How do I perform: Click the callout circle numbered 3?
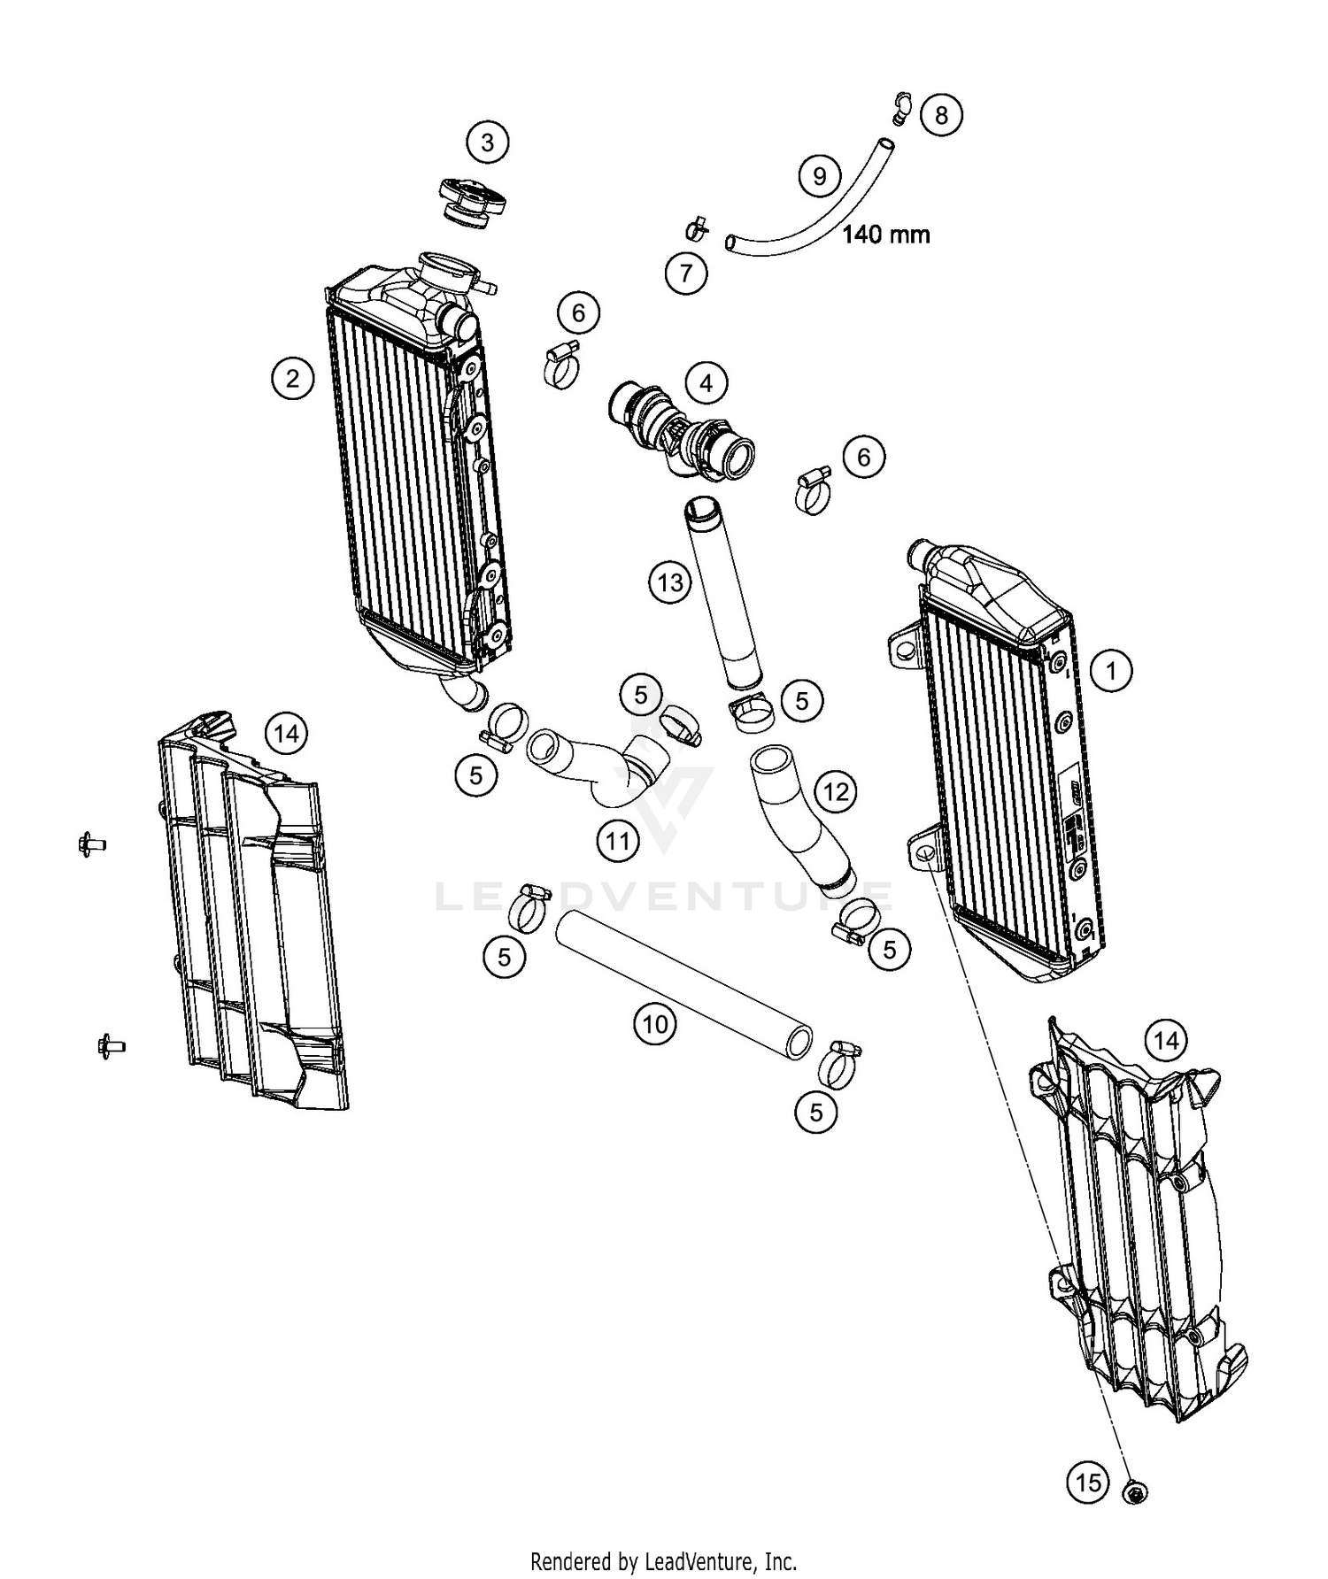(488, 142)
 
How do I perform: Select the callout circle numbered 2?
(292, 380)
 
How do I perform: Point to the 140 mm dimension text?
(884, 235)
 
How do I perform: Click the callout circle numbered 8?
(940, 115)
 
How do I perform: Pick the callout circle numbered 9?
(819, 176)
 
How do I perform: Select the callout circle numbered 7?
(686, 273)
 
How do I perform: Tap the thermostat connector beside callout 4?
(682, 429)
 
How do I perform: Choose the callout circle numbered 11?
(617, 840)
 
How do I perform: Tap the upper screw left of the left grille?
(90, 843)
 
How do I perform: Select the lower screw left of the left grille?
(110, 1045)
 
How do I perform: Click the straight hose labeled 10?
(682, 982)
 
